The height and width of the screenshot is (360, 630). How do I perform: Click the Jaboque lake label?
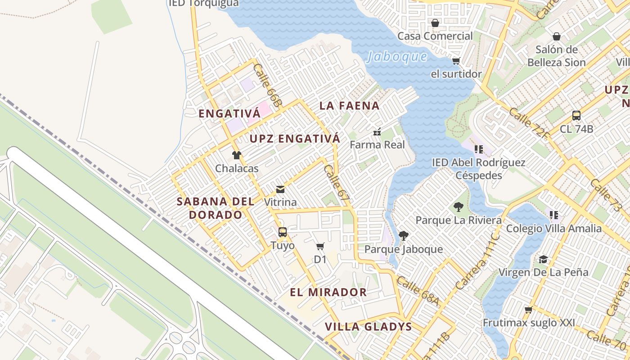point(397,57)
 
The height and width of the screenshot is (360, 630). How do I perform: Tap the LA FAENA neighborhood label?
point(349,106)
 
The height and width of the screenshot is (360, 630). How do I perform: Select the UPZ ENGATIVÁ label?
point(295,139)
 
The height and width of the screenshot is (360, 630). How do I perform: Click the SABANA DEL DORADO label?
point(216,208)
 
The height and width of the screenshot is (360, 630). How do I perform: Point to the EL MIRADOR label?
point(328,292)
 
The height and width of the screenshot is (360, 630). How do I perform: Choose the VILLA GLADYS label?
point(368,327)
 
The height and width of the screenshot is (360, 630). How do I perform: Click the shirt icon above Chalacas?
point(237,155)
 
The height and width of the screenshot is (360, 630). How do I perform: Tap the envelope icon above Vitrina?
point(280,189)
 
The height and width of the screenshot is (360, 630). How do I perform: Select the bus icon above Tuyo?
point(283,232)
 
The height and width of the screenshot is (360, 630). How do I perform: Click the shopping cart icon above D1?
point(320,246)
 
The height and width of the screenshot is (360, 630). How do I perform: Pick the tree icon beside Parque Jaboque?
point(403,235)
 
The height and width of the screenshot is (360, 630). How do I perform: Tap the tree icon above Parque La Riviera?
point(459,207)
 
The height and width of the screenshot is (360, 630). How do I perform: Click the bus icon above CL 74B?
point(576,116)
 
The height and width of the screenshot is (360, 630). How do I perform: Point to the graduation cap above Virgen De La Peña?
point(543,259)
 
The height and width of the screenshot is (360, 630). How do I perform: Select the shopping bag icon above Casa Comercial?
point(435,23)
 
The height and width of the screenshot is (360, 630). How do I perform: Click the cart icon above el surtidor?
point(456,61)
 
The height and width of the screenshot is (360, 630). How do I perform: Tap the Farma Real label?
point(377,145)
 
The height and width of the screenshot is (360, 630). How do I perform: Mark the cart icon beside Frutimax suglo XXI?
point(529,310)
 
